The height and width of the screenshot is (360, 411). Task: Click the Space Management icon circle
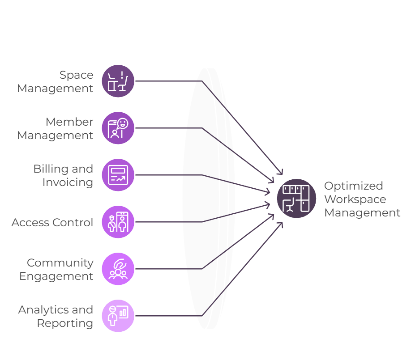tap(118, 81)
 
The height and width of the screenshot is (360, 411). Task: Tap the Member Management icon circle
tap(118, 128)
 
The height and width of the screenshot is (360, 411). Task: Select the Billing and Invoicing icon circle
tap(118, 175)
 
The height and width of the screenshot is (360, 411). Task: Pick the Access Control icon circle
tap(118, 222)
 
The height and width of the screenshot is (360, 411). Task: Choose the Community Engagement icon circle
tap(118, 269)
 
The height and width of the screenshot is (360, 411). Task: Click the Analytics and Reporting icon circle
tap(118, 316)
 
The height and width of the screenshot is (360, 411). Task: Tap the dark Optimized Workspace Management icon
tap(296, 199)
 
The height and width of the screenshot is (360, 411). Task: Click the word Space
tap(76, 75)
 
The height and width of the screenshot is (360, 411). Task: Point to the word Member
tap(69, 122)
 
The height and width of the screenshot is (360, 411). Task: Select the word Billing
tap(50, 169)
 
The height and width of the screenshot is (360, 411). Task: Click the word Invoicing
tap(68, 183)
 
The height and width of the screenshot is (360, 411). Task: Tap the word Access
tap(30, 223)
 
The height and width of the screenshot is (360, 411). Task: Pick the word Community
tap(60, 263)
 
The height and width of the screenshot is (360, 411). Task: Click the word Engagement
tap(56, 276)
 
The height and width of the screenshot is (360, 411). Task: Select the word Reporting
tap(65, 324)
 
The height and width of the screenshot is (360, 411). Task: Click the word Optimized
tap(354, 186)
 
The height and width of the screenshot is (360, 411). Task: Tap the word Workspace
tap(355, 199)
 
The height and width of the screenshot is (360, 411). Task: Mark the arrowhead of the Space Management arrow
tap(280, 172)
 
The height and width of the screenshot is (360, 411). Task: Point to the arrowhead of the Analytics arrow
tap(280, 225)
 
